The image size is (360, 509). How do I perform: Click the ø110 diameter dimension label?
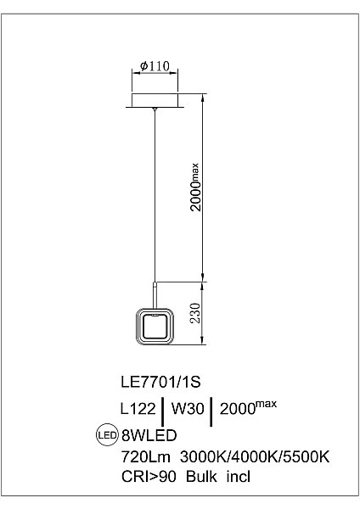pos(155,66)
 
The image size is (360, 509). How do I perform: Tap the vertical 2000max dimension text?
pos(195,187)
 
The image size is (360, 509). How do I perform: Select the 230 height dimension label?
pos(195,313)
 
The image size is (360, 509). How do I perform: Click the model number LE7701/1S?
pos(160,382)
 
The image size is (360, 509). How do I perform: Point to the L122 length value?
pos(138,408)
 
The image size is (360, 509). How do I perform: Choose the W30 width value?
pos(188,408)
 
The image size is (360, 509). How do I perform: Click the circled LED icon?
pos(107,434)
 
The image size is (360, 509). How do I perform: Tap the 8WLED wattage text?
pos(149,435)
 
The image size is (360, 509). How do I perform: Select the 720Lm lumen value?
pos(145,456)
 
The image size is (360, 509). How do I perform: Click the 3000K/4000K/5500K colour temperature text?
pos(255,456)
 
